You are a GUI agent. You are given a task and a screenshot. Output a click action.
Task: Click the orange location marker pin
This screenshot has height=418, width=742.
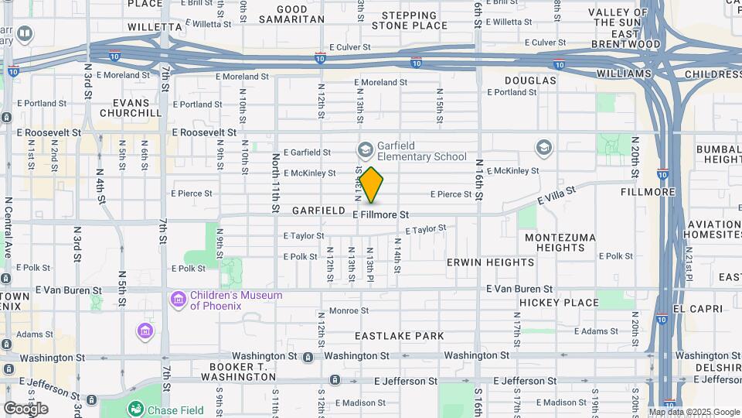coord(371,185)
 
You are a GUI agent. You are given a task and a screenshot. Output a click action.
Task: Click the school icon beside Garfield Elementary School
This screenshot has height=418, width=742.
coord(366,149)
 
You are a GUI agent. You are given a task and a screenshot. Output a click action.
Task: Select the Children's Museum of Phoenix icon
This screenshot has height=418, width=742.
coord(178,299)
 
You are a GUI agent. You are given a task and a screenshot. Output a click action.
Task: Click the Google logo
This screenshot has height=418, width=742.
coord(26,409)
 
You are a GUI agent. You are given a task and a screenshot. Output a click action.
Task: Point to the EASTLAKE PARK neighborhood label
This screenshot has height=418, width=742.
coord(400,336)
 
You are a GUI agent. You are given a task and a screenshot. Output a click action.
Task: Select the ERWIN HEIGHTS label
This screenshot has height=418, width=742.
coord(490,262)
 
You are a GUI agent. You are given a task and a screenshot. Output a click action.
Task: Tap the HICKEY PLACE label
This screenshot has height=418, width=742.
coord(559,303)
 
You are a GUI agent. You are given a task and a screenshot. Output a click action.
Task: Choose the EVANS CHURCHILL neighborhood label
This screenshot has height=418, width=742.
coord(125,108)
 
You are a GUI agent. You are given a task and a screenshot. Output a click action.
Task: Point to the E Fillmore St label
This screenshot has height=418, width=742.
coord(380,214)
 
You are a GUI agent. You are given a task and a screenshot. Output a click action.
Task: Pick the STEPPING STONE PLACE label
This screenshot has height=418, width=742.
coord(409,20)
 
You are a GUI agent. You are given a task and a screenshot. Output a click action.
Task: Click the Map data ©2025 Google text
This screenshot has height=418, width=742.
coord(693,412)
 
